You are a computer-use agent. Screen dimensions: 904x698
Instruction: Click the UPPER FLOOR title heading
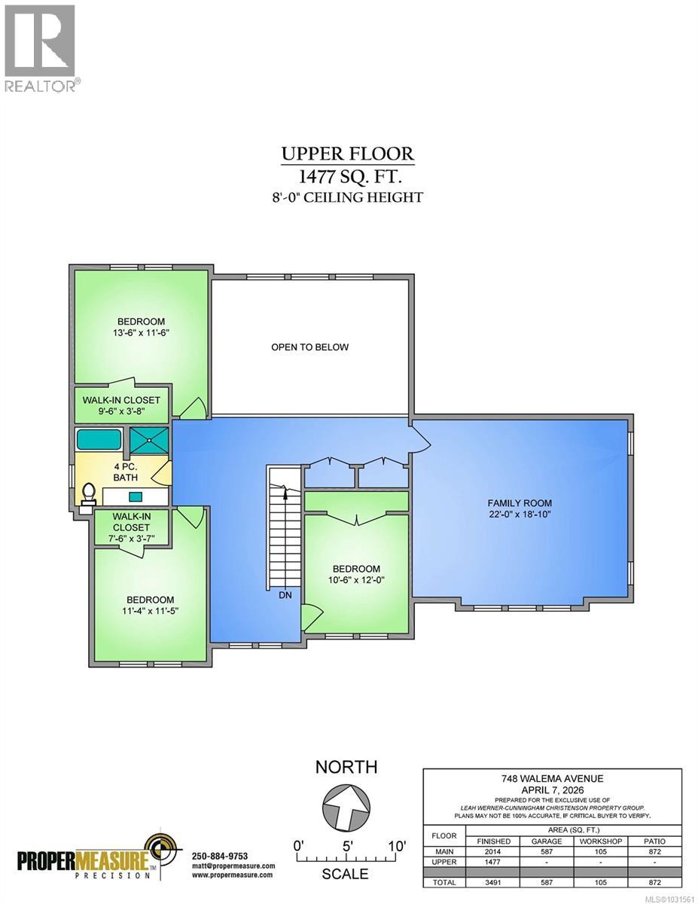pyautogui.click(x=348, y=154)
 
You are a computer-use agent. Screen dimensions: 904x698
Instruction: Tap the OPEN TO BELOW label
pyautogui.click(x=310, y=347)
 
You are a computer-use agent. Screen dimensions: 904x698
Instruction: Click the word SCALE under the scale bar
pyautogui.click(x=346, y=874)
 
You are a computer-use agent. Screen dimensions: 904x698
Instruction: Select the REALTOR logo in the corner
pyautogui.click(x=39, y=47)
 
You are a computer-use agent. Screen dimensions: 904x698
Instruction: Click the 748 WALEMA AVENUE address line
pyautogui.click(x=552, y=778)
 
